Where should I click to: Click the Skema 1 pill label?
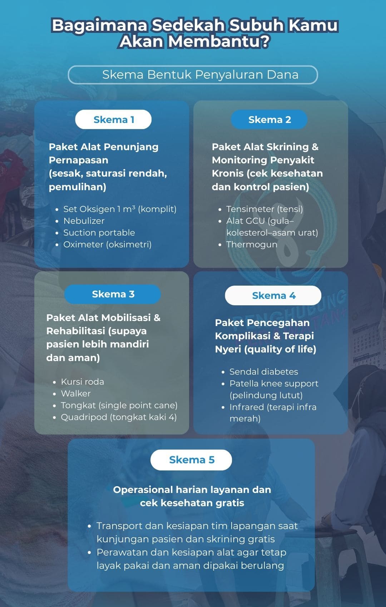click(113, 119)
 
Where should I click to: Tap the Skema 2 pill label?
click(269, 119)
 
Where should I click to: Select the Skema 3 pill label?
click(113, 294)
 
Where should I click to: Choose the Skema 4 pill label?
click(273, 295)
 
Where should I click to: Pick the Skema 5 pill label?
click(191, 460)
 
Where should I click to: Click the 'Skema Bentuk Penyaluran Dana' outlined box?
click(193, 75)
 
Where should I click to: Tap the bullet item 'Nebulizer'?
click(84, 221)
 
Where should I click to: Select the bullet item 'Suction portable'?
click(99, 232)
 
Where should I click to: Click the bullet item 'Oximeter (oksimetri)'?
click(107, 245)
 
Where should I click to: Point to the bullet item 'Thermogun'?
click(252, 245)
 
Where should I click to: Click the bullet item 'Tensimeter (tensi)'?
click(264, 209)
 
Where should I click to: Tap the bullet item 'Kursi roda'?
click(82, 381)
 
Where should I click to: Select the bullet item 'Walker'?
click(76, 394)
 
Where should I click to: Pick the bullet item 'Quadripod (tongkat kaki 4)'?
click(119, 417)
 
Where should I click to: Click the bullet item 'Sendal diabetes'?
click(263, 371)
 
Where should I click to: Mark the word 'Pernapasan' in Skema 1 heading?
click(79, 160)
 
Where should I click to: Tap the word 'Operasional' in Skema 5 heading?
click(143, 490)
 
